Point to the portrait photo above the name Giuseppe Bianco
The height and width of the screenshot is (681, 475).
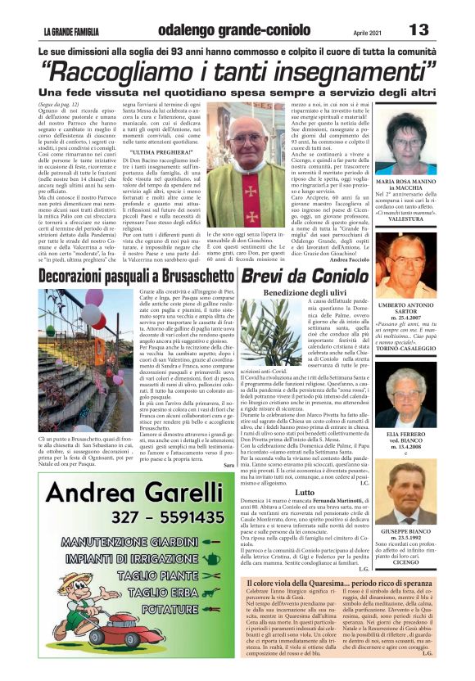pyautogui.click(x=428, y=489)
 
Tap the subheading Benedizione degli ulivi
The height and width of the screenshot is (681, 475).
pyautogui.click(x=305, y=292)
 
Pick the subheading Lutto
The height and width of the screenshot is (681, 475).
pyautogui.click(x=305, y=491)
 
